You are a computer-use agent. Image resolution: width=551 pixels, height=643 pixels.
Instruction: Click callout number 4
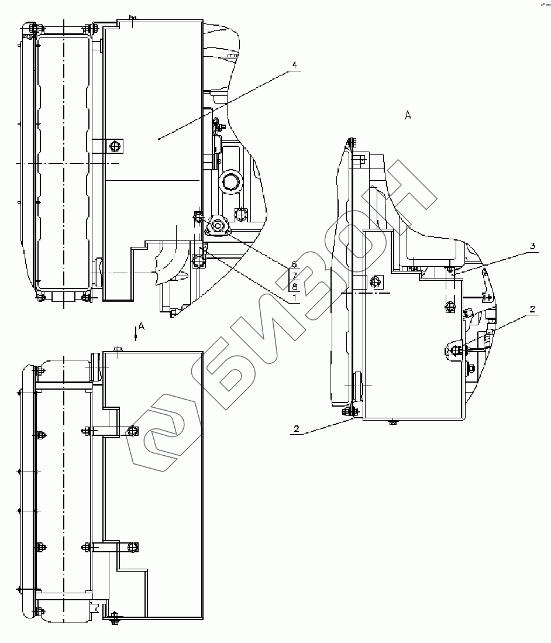[x=294, y=65]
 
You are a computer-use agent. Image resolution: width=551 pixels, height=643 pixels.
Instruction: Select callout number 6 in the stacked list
[x=294, y=264]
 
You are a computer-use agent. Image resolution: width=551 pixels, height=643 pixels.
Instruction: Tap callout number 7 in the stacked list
[x=294, y=275]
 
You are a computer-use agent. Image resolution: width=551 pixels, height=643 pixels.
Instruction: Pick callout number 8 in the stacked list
[x=294, y=286]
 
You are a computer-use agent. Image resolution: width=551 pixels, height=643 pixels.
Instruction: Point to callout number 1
[x=294, y=297]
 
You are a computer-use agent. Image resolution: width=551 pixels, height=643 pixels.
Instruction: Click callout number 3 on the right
[x=532, y=246]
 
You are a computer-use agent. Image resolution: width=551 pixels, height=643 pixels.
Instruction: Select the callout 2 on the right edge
[x=532, y=309]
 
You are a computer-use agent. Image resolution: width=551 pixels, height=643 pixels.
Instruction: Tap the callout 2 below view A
[x=297, y=429]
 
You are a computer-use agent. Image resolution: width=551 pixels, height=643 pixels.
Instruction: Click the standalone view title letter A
[x=408, y=115]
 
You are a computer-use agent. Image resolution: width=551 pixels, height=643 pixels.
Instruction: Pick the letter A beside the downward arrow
[x=142, y=326]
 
